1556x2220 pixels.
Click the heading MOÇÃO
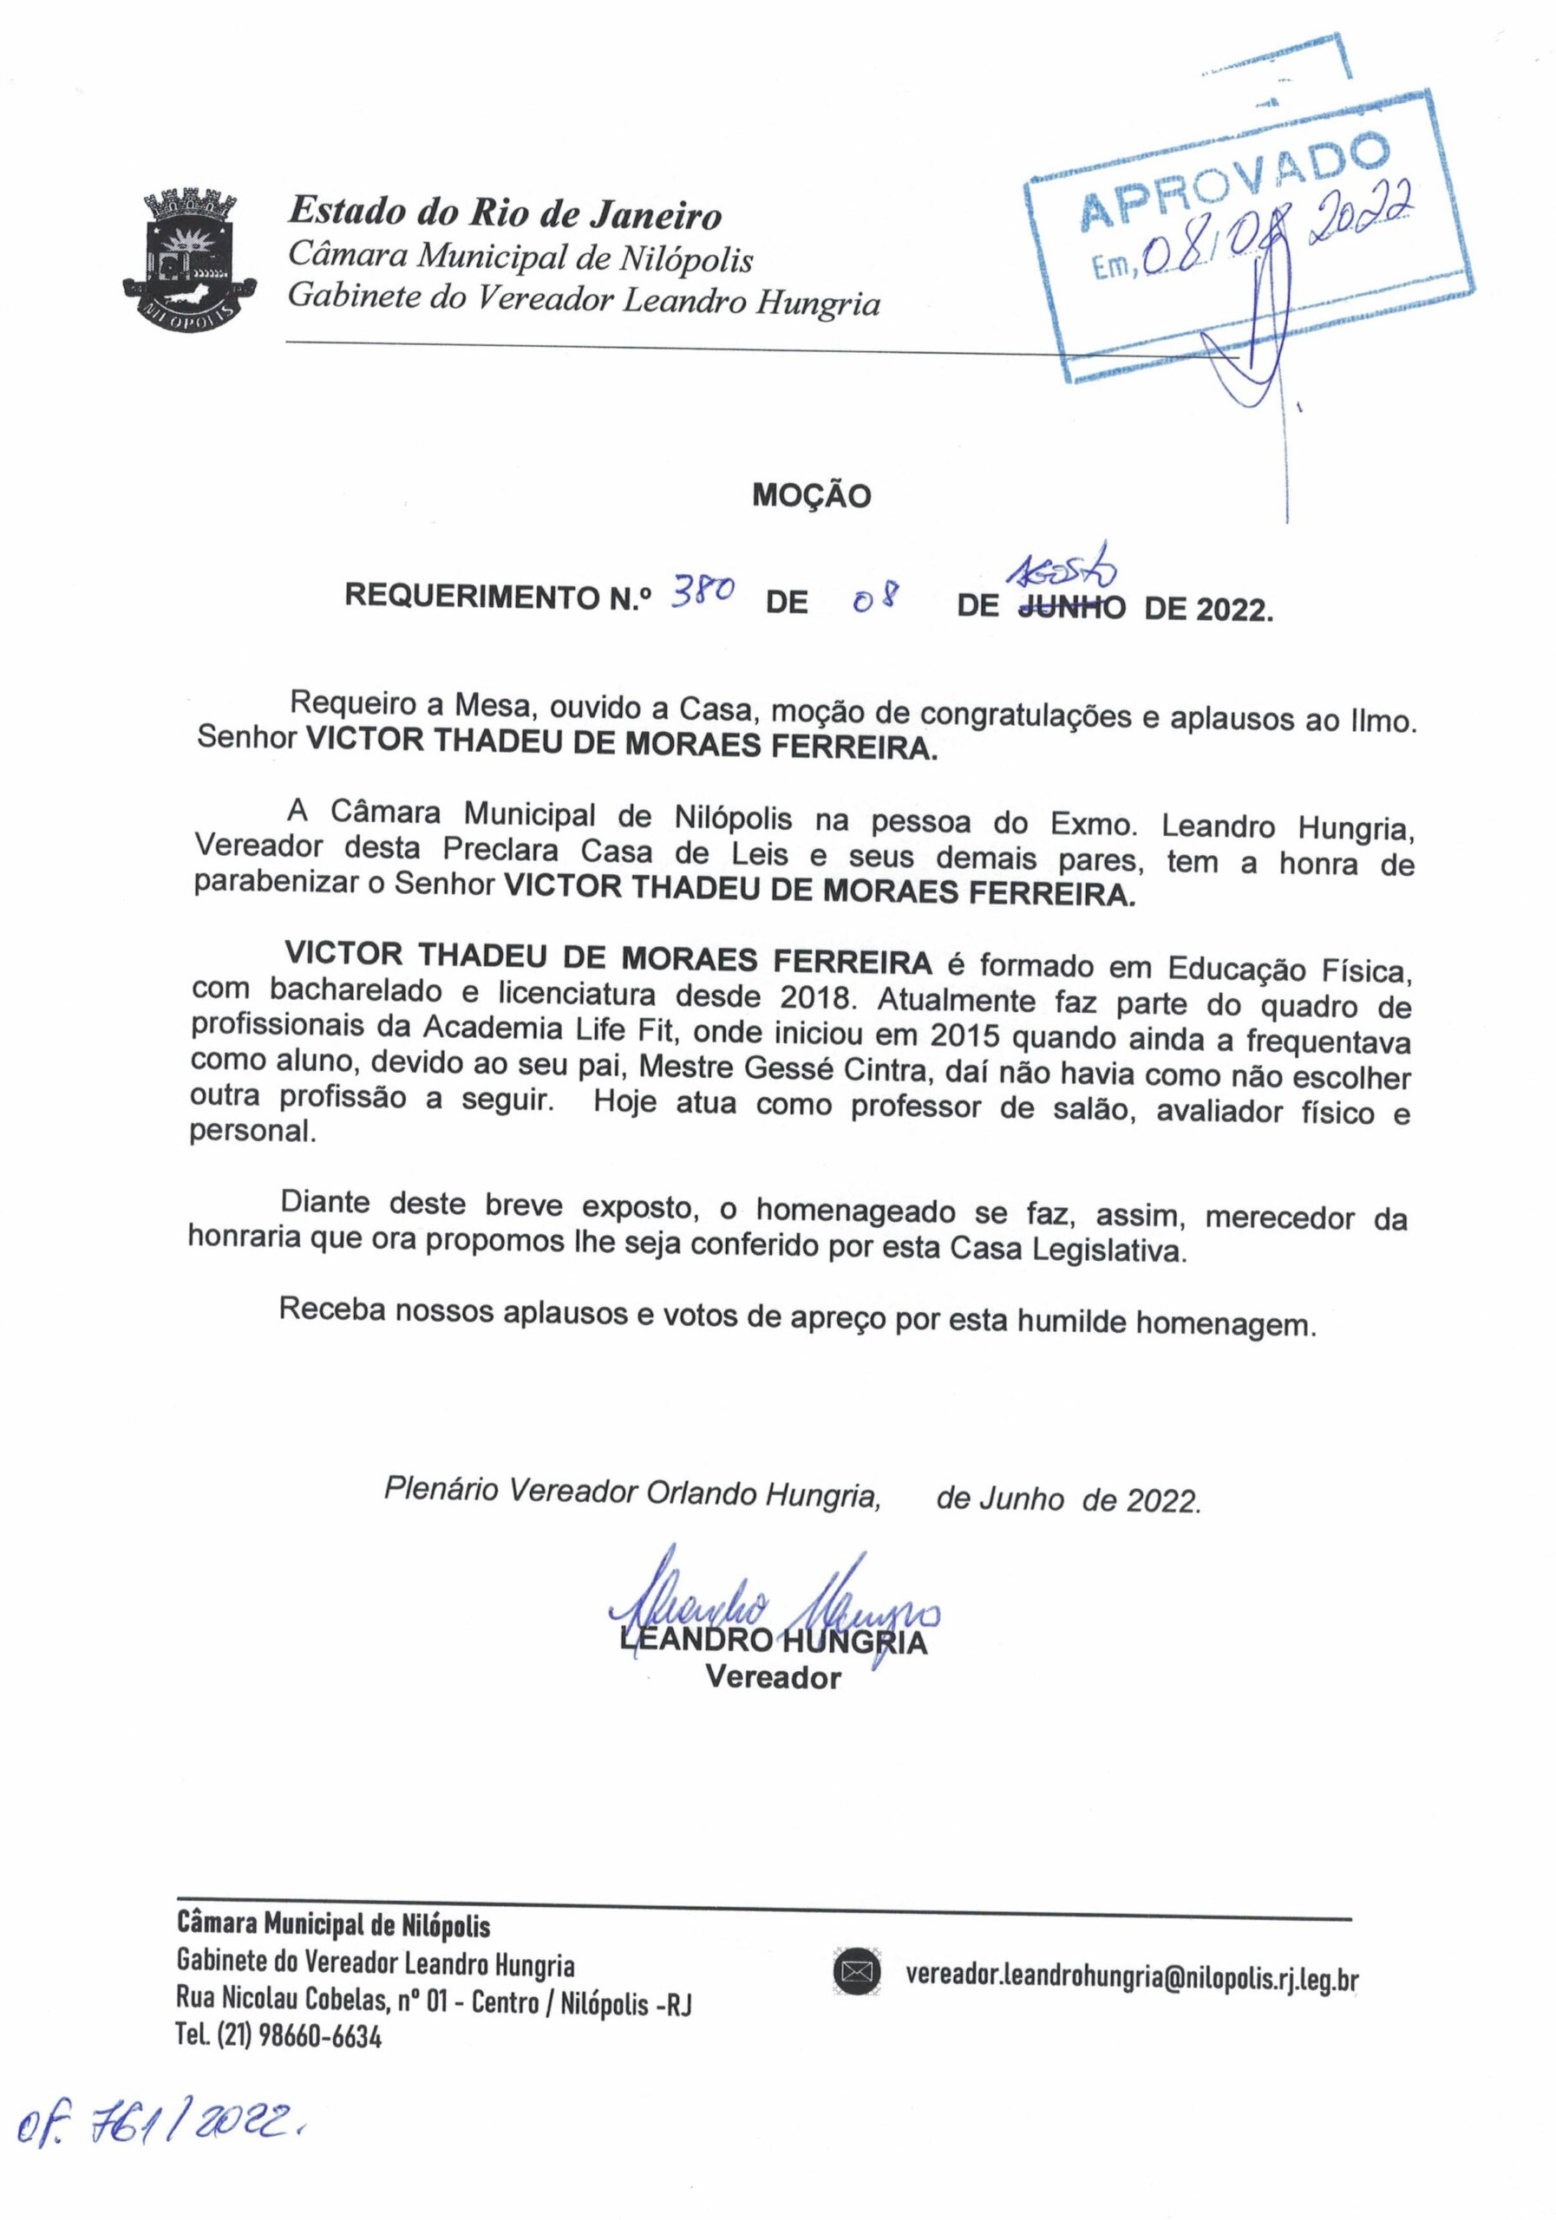pyautogui.click(x=811, y=496)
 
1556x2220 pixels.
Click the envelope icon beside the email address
pyautogui.click(x=856, y=1971)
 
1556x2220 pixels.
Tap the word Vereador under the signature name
pyautogui.click(x=773, y=1676)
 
